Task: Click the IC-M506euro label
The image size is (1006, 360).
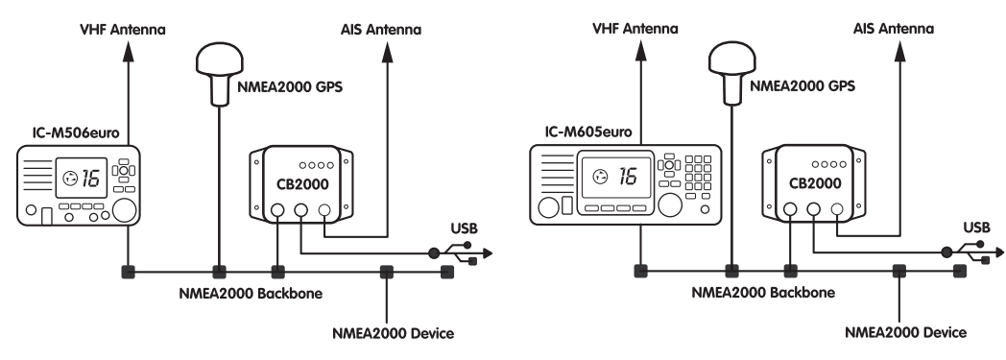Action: pyautogui.click(x=81, y=132)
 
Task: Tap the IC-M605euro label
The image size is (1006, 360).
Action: pyautogui.click(x=588, y=132)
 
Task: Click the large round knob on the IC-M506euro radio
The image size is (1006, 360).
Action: pyautogui.click(x=124, y=210)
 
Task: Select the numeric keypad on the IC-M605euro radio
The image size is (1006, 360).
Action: pyautogui.click(x=698, y=173)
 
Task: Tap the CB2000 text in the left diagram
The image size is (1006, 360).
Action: pyautogui.click(x=302, y=185)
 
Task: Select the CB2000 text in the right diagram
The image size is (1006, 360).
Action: pyautogui.click(x=815, y=183)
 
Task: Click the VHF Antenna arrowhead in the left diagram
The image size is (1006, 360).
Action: pyautogui.click(x=129, y=51)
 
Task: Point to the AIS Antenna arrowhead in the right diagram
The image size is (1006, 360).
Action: pyautogui.click(x=899, y=51)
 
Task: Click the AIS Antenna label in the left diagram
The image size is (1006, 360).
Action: pyautogui.click(x=381, y=30)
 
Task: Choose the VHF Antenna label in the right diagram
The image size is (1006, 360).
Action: pyautogui.click(x=635, y=29)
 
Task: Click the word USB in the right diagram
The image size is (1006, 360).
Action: pyautogui.click(x=976, y=228)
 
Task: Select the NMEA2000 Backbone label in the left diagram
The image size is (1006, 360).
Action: pyautogui.click(x=251, y=294)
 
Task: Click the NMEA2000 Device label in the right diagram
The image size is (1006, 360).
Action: pyautogui.click(x=905, y=332)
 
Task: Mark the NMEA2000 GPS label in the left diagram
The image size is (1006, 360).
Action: pyautogui.click(x=290, y=86)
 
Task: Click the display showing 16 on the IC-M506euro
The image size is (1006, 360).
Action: pyautogui.click(x=82, y=178)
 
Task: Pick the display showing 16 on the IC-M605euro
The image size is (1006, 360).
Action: pyautogui.click(x=617, y=177)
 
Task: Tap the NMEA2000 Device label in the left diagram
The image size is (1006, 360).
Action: pyautogui.click(x=393, y=334)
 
